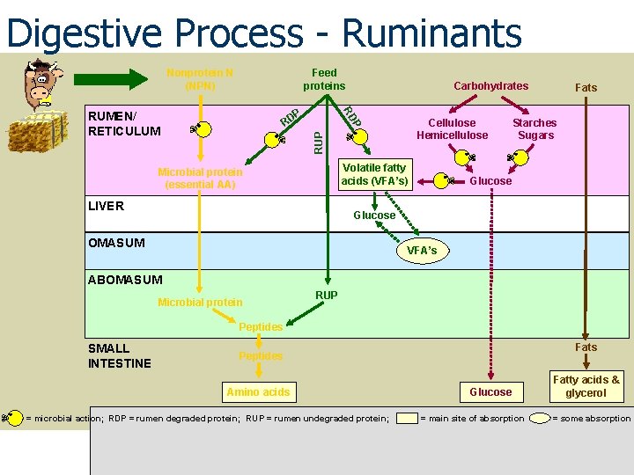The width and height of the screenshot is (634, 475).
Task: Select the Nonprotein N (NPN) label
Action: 199,79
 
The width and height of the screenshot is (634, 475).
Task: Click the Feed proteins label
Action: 324,79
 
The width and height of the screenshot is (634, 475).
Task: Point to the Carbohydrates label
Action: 490,85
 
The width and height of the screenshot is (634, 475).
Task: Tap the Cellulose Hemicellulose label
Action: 452,129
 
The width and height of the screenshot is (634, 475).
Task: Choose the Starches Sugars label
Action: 534,129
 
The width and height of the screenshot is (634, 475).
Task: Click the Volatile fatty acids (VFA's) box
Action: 374,174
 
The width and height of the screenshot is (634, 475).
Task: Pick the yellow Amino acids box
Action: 257,392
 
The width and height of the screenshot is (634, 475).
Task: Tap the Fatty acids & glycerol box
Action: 586,386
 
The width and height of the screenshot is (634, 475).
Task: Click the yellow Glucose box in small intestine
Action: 490,392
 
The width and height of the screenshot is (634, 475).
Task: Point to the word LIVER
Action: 106,206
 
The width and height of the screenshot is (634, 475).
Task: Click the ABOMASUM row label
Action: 125,280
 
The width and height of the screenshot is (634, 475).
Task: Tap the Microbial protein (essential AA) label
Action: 199,179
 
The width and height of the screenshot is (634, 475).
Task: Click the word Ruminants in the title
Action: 431,33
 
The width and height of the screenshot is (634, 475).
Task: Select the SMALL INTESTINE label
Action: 120,355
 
